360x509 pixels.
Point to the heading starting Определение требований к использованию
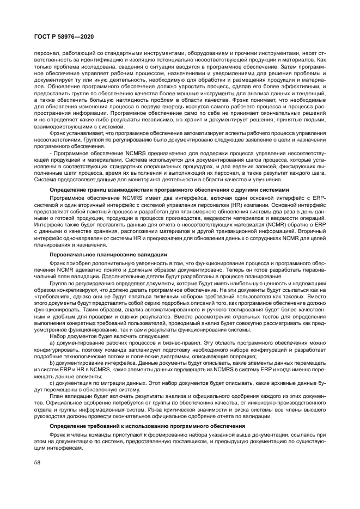point(157,425)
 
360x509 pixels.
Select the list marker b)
point(52,363)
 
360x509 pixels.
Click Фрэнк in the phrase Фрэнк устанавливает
point(59,132)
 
